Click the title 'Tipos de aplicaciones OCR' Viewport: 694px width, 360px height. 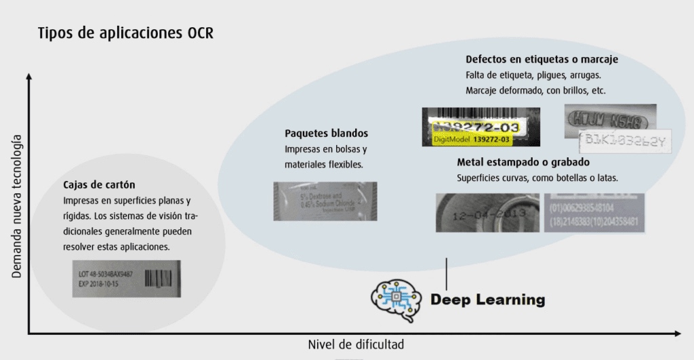click(125, 33)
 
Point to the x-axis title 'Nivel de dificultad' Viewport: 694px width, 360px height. click(356, 344)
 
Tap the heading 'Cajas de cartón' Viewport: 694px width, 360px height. click(100, 184)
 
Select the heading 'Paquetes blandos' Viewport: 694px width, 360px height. click(326, 133)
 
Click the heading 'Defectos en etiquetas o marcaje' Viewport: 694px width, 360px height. click(542, 60)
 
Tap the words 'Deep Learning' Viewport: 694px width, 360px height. click(488, 299)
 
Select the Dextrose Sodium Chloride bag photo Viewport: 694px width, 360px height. click(325, 201)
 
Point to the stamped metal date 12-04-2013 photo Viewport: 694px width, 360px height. click(487, 212)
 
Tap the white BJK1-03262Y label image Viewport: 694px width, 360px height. click(626, 141)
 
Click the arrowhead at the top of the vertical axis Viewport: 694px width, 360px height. click(28, 78)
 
